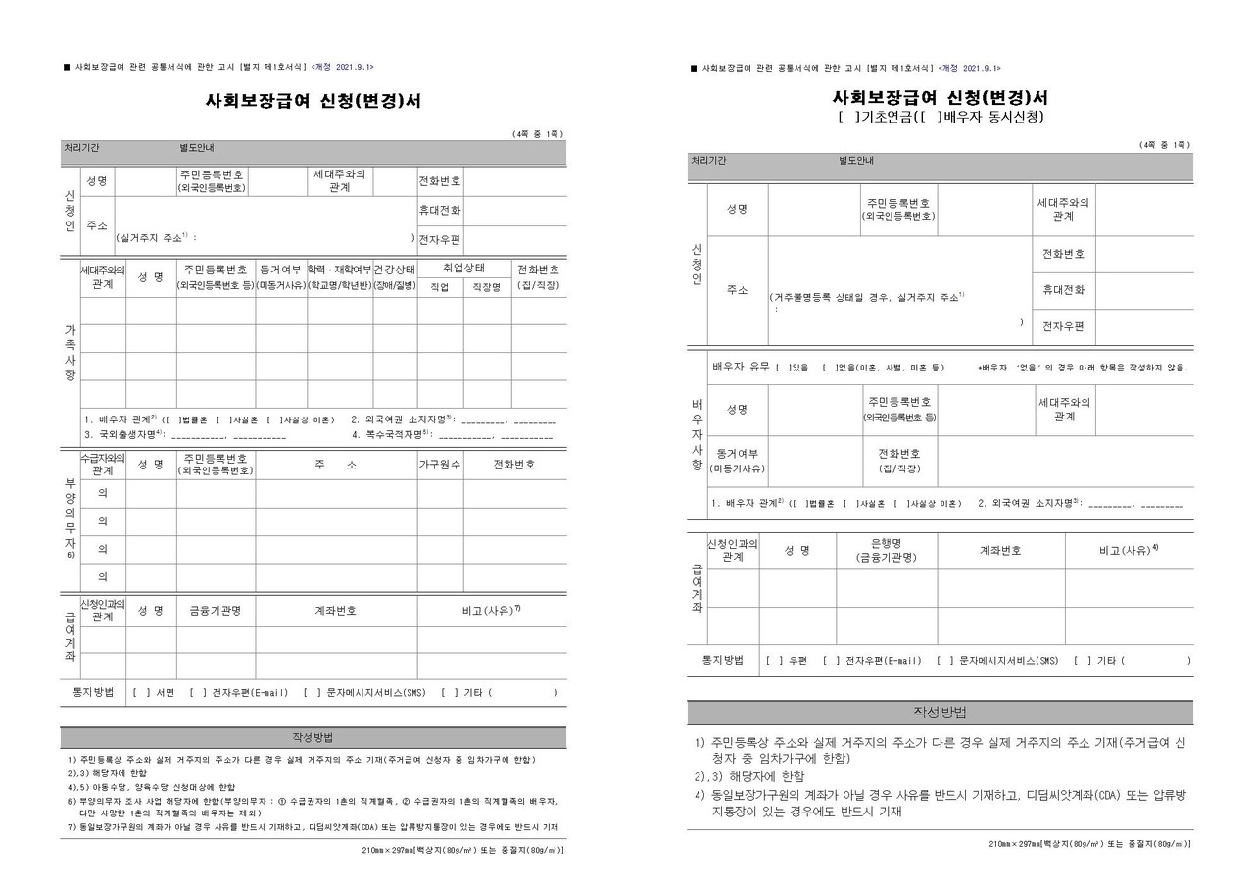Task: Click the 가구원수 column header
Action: point(440,465)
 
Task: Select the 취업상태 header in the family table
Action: point(463,269)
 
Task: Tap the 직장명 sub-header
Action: point(487,287)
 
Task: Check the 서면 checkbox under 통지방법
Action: point(137,693)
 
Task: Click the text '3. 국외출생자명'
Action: point(124,433)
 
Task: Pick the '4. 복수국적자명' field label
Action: point(390,433)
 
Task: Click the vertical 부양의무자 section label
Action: point(70,519)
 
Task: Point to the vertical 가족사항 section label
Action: point(70,352)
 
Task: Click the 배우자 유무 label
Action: point(742,368)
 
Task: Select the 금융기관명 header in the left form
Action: point(221,610)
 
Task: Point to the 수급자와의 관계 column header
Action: point(102,465)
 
